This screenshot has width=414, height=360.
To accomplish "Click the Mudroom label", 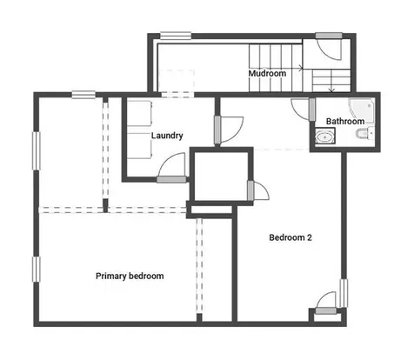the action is (x=267, y=73).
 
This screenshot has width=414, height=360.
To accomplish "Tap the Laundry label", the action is (x=167, y=136).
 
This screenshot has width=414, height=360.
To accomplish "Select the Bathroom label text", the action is (x=345, y=121).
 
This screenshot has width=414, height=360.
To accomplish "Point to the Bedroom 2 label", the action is (x=290, y=237).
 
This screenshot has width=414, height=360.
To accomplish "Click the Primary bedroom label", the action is (x=130, y=276).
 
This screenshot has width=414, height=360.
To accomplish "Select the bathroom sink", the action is (x=325, y=137).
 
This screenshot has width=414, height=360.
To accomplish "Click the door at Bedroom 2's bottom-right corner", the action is (x=326, y=303).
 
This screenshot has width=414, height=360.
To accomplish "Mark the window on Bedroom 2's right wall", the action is (x=344, y=293).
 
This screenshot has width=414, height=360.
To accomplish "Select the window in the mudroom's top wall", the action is (x=176, y=36).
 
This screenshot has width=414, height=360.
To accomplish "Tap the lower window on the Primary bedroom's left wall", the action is (x=37, y=269).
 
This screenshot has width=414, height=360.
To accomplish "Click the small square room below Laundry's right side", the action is (x=221, y=177).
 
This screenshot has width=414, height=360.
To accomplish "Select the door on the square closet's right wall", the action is (x=258, y=190).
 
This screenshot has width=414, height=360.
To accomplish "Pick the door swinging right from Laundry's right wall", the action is (x=229, y=130).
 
